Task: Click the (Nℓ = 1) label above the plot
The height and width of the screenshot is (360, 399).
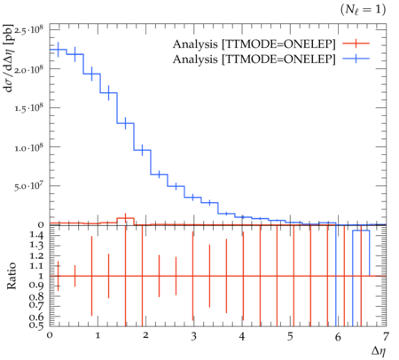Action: click(364, 10)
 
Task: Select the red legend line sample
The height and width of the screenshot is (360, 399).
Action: click(356, 43)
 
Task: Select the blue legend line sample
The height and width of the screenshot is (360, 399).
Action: click(356, 59)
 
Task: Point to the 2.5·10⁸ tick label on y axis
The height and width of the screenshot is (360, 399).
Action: click(28, 30)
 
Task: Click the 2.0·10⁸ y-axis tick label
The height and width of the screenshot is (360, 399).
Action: click(28, 69)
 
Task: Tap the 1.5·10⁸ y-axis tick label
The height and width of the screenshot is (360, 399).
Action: click(28, 108)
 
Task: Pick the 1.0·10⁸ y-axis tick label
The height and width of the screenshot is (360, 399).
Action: click(28, 147)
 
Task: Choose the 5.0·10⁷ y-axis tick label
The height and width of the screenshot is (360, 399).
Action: click(28, 186)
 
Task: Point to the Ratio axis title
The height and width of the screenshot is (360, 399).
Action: click(12, 276)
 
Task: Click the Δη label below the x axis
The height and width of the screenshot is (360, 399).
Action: click(379, 351)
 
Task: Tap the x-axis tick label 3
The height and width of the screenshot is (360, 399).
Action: click(193, 336)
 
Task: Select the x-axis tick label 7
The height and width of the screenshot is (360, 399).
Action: click(386, 336)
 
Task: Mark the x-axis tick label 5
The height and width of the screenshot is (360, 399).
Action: click(290, 336)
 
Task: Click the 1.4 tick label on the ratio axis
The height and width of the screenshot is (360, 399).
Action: click(36, 235)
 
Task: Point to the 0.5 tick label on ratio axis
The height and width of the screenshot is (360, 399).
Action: click(36, 325)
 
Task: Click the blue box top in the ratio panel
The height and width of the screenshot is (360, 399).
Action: click(361, 231)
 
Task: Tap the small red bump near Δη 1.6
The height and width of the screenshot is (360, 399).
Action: click(126, 218)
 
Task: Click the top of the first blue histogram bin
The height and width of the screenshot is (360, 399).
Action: click(58, 50)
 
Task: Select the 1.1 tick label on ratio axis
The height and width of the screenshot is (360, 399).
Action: click(36, 266)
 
